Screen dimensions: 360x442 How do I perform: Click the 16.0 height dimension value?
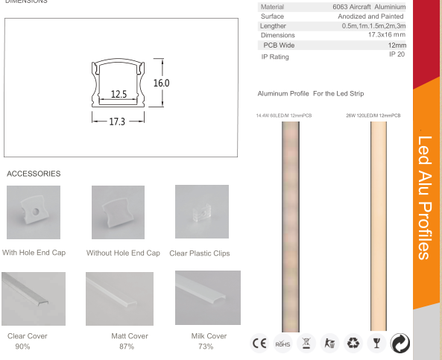pyautogui.click(x=161, y=83)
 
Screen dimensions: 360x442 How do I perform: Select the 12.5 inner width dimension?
pyautogui.click(x=119, y=95)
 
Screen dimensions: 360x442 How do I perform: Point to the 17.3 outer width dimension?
pyautogui.click(x=116, y=120)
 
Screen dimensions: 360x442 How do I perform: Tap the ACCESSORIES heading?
pyautogui.click(x=34, y=174)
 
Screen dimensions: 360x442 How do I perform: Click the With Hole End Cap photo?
pyautogui.click(x=34, y=212)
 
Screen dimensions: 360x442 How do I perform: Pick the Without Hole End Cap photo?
pyautogui.click(x=118, y=212)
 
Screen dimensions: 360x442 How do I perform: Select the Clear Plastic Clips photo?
pyautogui.click(x=201, y=212)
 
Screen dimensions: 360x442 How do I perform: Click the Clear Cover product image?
pyautogui.click(x=34, y=298)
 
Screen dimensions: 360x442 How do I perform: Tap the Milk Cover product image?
pyautogui.click(x=207, y=297)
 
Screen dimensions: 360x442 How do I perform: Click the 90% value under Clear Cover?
pyautogui.click(x=23, y=347)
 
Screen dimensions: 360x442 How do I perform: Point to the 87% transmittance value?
pyautogui.click(x=126, y=347)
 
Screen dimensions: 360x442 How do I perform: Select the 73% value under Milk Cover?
pyautogui.click(x=206, y=347)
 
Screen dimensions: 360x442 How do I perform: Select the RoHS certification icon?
pyautogui.click(x=282, y=344)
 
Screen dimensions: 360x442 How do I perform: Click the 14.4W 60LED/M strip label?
pyautogui.click(x=284, y=116)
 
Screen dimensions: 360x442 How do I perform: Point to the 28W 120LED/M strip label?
pyautogui.click(x=373, y=116)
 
